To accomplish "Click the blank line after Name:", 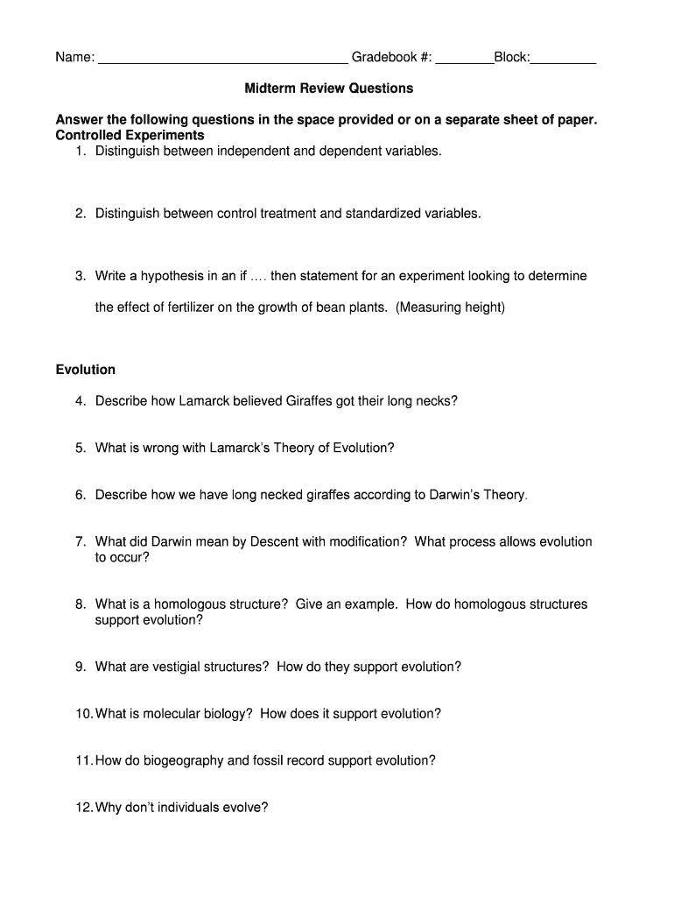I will coord(223,60).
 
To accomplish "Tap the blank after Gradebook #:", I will coord(464,60).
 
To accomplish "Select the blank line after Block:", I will coord(564,60).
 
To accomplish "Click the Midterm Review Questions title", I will coord(328,88).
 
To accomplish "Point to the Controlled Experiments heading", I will coord(130,136).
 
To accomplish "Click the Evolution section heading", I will coord(86,370).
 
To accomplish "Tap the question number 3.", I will coord(79,276).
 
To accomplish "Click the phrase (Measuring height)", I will coord(451,308).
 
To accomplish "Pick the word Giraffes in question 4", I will coord(309,401).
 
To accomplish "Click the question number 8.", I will coord(79,604).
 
